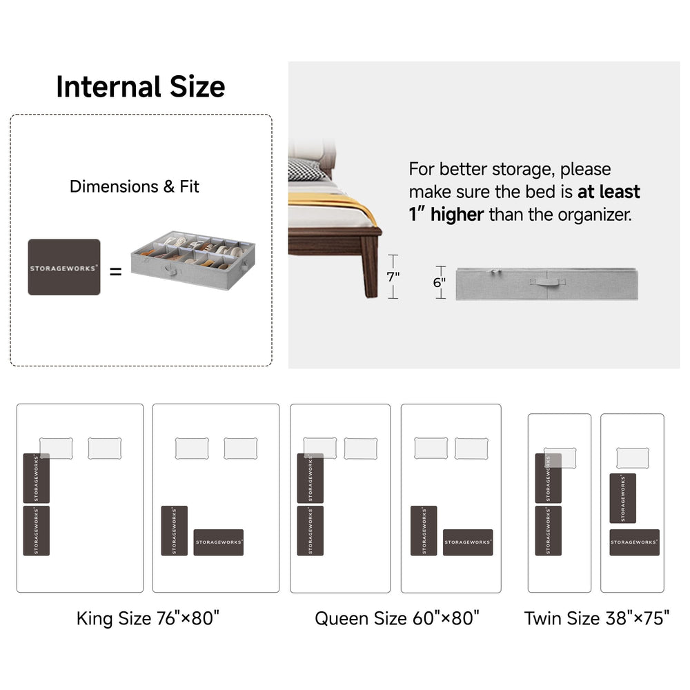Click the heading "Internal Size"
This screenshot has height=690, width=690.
(x=140, y=87)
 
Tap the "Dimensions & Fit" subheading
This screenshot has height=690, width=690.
(x=135, y=186)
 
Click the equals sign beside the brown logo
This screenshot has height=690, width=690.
(x=116, y=271)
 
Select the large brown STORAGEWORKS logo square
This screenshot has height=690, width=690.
(x=64, y=267)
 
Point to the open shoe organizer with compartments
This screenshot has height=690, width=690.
(x=193, y=259)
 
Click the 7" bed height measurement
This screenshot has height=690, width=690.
(x=393, y=277)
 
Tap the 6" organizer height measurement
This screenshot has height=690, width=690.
(x=439, y=282)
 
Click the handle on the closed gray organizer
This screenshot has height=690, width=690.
(x=547, y=282)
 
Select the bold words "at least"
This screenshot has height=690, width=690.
(x=609, y=192)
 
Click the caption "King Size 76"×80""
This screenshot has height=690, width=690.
(x=148, y=618)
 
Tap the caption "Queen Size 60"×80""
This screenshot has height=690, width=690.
(x=397, y=618)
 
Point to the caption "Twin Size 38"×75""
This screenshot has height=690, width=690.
(x=597, y=618)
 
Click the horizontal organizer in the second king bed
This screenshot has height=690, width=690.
(x=219, y=542)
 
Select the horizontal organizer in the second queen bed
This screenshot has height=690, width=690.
(x=468, y=542)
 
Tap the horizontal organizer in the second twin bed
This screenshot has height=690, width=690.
(x=635, y=542)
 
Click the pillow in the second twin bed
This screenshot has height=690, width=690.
(x=633, y=458)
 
